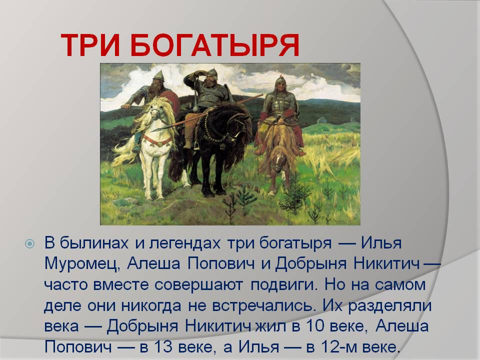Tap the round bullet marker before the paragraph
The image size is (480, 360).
29,243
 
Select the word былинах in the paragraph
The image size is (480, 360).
93,243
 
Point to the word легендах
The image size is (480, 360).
184,243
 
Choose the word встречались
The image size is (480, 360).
263,305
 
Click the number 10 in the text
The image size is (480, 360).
314,325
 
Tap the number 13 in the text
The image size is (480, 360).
162,346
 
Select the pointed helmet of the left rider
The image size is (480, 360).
159,75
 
